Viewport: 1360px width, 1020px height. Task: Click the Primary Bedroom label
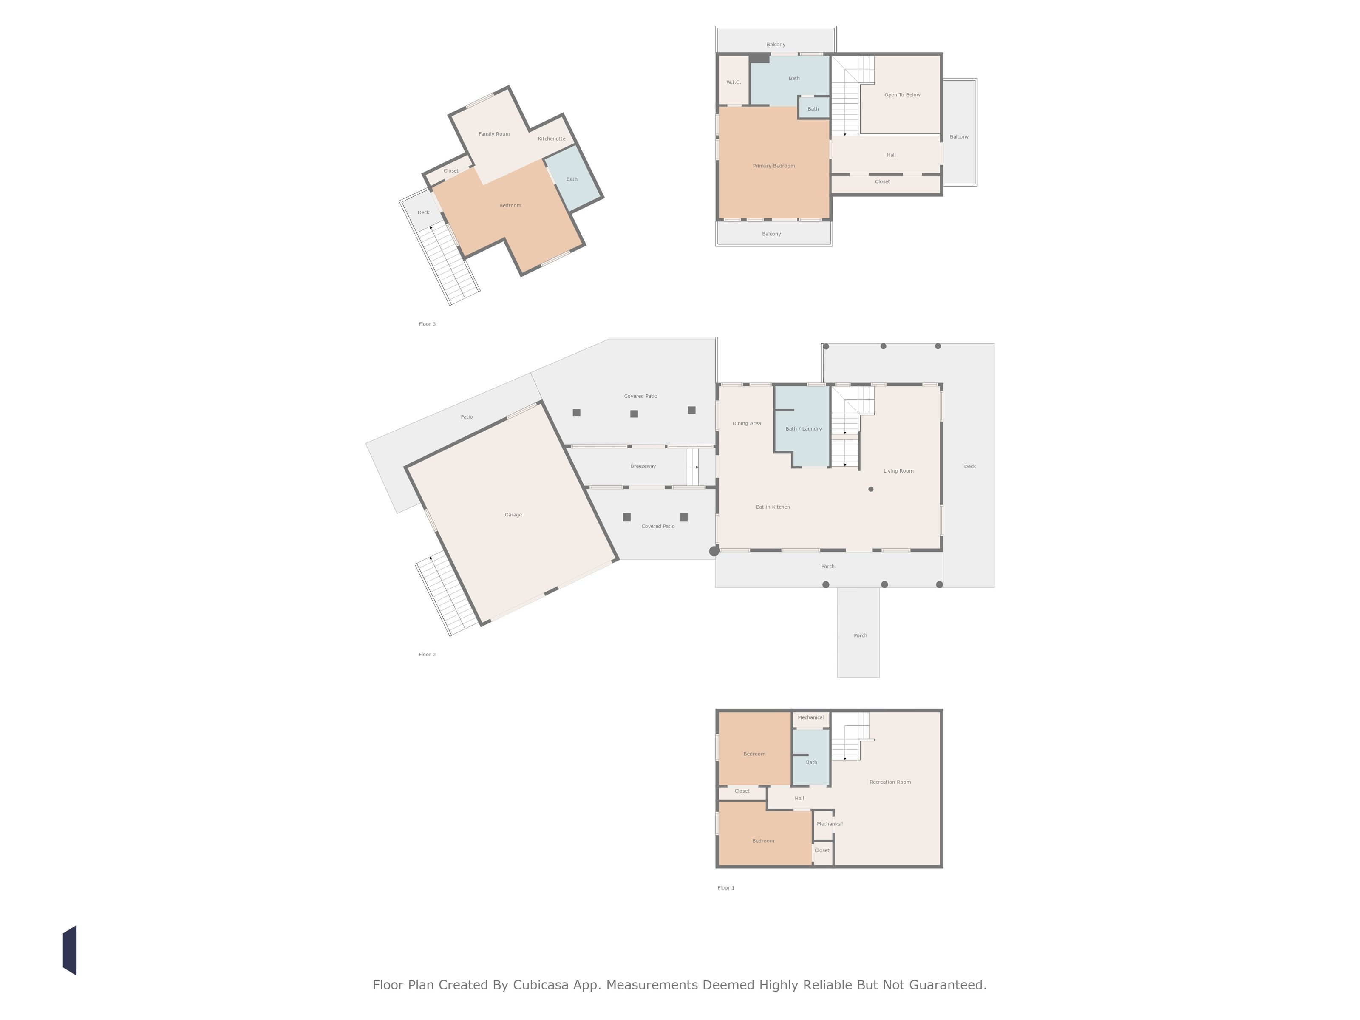[773, 166]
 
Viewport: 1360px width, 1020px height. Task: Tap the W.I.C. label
[734, 82]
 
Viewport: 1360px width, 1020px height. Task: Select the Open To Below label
[902, 95]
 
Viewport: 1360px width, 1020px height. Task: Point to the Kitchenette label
[552, 139]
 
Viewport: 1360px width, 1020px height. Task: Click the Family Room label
[494, 134]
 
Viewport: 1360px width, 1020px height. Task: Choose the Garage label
[513, 515]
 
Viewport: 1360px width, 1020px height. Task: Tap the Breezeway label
[643, 466]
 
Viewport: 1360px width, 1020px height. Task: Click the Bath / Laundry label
[804, 428]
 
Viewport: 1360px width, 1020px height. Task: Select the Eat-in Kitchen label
[773, 507]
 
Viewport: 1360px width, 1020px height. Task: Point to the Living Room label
[898, 471]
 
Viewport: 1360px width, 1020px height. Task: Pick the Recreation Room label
[890, 782]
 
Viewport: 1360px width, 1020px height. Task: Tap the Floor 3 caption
[427, 324]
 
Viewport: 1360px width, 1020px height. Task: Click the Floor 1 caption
[725, 888]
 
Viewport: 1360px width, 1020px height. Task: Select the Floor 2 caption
[427, 655]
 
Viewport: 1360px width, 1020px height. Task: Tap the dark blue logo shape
[69, 950]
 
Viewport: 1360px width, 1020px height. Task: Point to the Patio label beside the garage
[467, 417]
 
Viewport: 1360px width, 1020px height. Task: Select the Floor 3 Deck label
[424, 213]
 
